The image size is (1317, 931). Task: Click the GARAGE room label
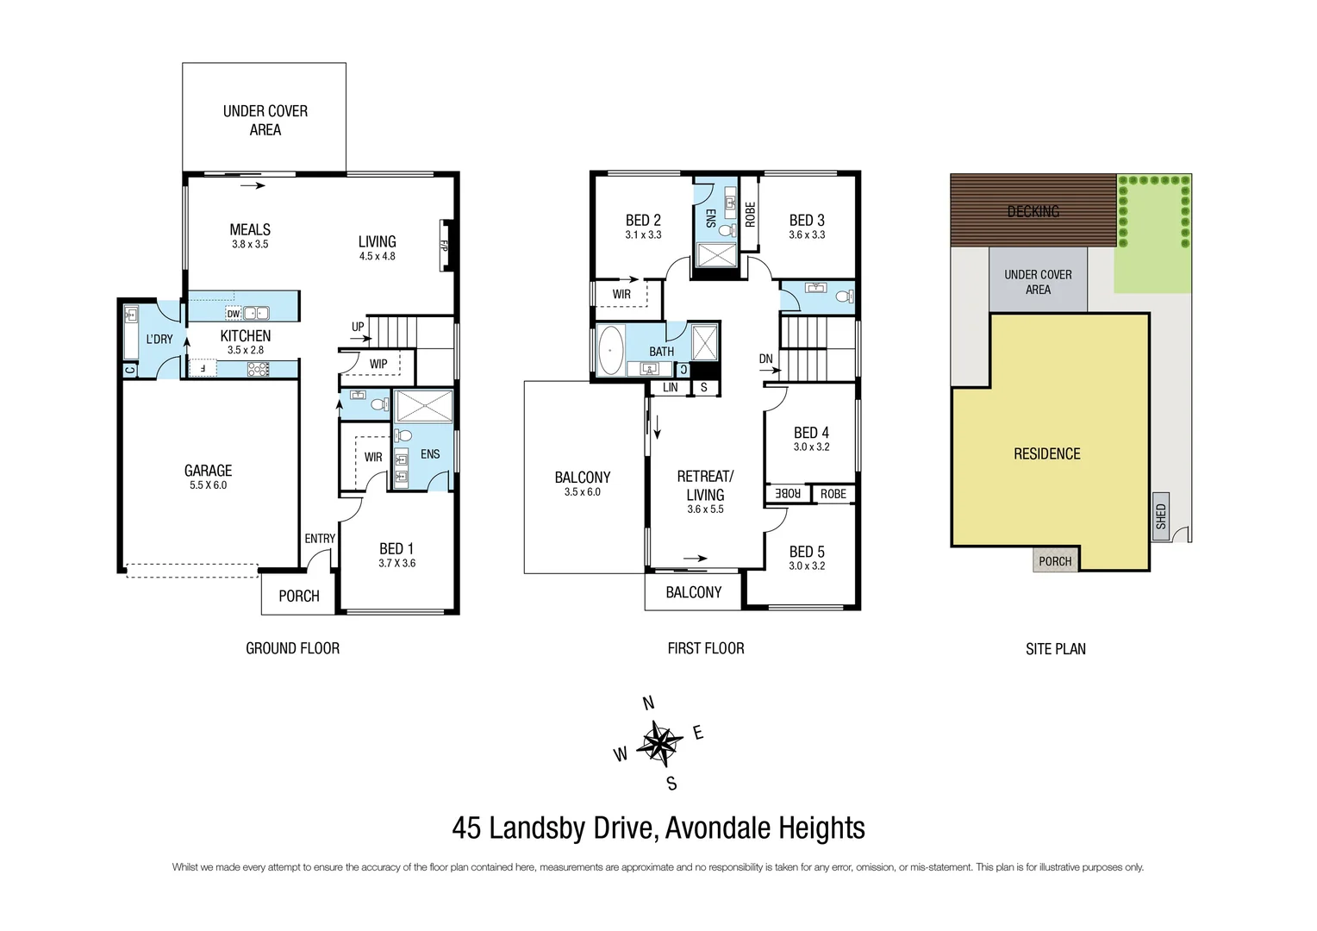208,471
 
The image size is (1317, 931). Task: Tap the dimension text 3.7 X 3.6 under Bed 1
396,564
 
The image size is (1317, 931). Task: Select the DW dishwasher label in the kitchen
234,314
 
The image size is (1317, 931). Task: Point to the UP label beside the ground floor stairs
358,327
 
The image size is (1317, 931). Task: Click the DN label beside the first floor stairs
765,359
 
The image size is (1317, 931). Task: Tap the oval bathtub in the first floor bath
611,351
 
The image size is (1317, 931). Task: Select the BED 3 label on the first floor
807,220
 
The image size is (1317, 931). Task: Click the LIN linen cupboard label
670,388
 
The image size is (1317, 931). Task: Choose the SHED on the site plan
1161,516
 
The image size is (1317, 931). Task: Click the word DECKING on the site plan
1033,211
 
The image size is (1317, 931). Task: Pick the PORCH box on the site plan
1055,561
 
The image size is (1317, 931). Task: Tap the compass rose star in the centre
658,743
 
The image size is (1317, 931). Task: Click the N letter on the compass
649,703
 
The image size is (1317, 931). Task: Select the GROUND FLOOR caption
292,648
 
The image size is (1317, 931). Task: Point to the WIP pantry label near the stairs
378,364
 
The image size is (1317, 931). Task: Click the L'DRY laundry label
159,339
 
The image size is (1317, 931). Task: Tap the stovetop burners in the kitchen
258,369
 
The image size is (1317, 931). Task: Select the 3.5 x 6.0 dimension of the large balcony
583,492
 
